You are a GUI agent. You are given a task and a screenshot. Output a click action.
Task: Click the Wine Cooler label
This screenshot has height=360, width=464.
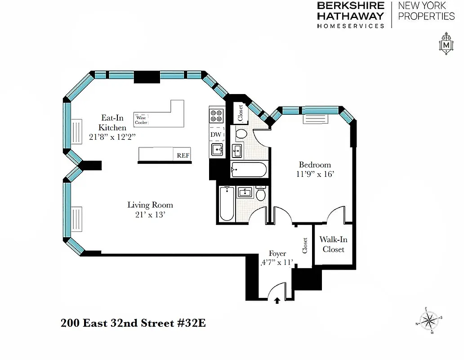coord(141,119)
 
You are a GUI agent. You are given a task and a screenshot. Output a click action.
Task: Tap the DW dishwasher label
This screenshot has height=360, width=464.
coord(215,134)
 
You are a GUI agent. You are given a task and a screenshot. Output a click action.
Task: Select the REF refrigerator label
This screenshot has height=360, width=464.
coord(183,155)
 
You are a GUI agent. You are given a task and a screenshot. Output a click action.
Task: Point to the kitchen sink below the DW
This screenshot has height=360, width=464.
coord(217,149)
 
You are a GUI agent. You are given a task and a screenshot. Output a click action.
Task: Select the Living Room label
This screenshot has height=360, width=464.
coord(150,205)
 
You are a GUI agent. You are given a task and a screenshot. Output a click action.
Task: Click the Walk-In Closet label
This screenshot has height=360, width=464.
coord(333,244)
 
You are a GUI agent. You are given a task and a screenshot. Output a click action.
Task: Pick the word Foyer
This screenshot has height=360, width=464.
coord(278,253)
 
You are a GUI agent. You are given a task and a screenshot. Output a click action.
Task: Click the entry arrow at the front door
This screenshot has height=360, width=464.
coord(277,301)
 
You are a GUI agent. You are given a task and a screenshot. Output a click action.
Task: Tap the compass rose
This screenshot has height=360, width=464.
coord(430,320)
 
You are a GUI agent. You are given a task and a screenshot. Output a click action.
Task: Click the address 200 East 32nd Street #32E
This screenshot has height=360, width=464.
coord(133,323)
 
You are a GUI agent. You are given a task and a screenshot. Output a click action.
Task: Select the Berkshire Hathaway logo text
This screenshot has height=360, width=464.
coord(351,14)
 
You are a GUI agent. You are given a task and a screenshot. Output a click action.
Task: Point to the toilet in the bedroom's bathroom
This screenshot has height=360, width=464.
coord(241,133)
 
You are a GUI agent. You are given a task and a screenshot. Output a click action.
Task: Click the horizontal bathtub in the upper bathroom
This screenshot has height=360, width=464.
coord(248,170)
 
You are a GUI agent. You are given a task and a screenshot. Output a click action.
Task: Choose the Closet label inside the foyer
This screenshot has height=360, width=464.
coord(305,246)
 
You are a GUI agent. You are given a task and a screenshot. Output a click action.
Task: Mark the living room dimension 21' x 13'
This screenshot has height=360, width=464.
coord(150,215)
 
